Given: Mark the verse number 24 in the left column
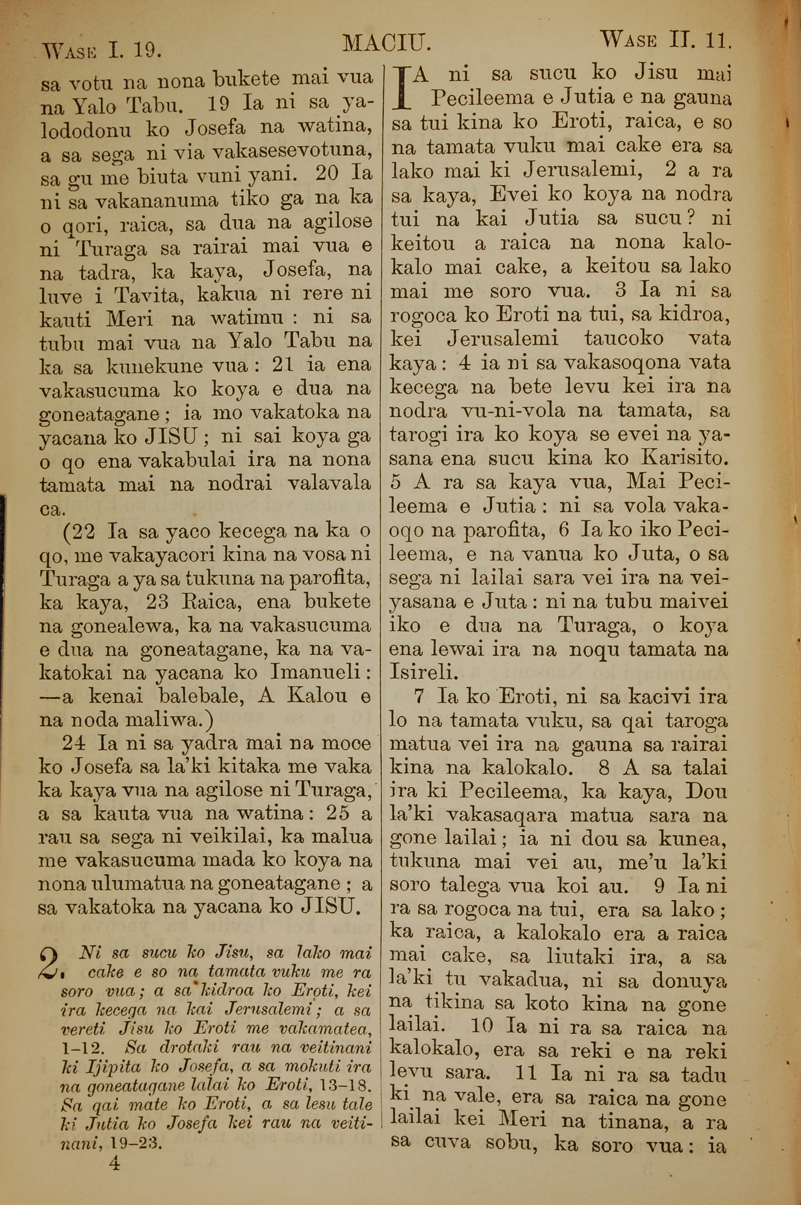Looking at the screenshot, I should point(74,744).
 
